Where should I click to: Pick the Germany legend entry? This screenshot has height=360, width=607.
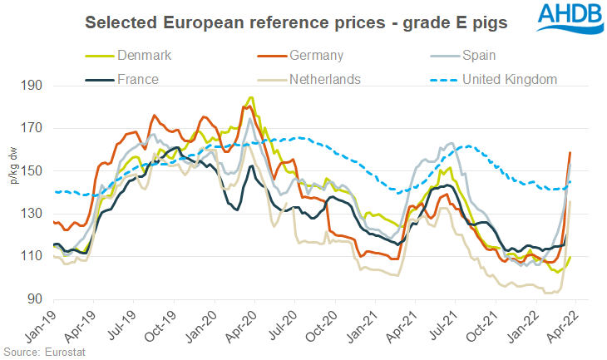[319, 56]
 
